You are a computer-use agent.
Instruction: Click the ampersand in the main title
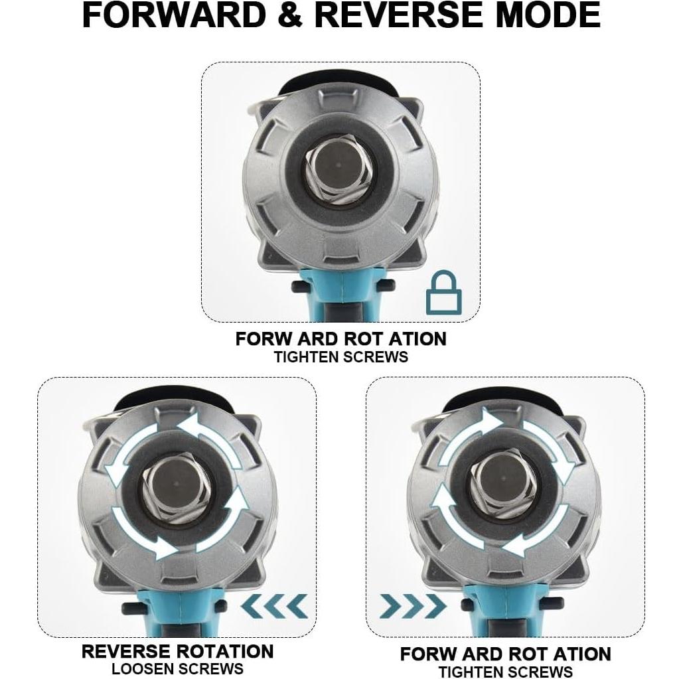[290, 16]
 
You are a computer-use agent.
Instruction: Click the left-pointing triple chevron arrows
[274, 605]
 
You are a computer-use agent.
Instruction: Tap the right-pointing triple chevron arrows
[412, 605]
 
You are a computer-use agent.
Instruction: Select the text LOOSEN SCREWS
[177, 668]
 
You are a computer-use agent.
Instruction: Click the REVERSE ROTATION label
[177, 651]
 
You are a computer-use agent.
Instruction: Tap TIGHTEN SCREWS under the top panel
[341, 356]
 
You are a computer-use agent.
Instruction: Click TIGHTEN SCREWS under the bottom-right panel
[505, 671]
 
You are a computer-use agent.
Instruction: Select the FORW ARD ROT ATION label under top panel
[341, 339]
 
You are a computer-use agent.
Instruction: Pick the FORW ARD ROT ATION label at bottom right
[505, 654]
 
